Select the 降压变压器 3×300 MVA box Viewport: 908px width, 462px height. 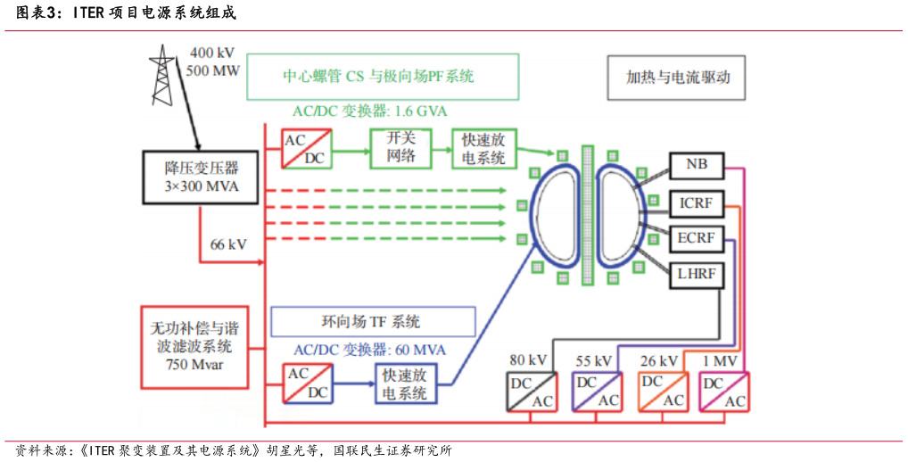tap(194, 177)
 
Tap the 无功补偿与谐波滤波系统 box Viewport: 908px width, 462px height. tap(194, 347)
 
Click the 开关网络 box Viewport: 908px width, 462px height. tap(400, 147)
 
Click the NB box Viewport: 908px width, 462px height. tap(697, 164)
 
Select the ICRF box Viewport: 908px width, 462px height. tap(697, 202)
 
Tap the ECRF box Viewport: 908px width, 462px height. tap(697, 238)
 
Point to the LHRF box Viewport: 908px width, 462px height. tap(697, 274)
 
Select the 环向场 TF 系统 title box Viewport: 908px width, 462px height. tap(372, 321)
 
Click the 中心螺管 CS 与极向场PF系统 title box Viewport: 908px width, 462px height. tap(383, 76)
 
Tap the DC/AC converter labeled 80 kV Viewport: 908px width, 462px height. tap(532, 392)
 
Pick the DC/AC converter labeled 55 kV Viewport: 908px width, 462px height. tap(597, 392)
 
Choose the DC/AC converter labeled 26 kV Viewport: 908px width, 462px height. tap(663, 392)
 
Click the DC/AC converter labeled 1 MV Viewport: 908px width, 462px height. tap(723, 392)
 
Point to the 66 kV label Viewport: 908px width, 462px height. tap(229, 244)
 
